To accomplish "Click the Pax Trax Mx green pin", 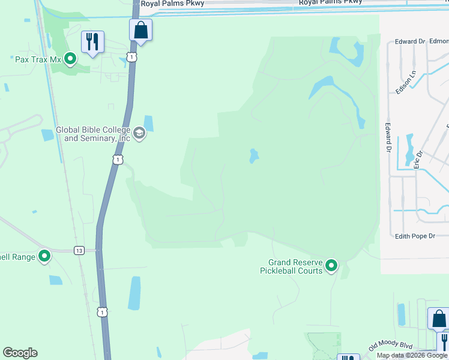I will [x=70, y=59].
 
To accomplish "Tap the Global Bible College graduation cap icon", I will [x=139, y=133].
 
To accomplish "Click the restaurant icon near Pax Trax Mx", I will [x=92, y=42].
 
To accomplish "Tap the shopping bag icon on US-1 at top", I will [x=140, y=30].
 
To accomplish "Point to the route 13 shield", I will [x=79, y=250].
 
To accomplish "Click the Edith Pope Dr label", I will [x=415, y=236].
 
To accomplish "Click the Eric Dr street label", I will [x=419, y=158].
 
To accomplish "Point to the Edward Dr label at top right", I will [x=409, y=41].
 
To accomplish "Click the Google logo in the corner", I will [x=20, y=353].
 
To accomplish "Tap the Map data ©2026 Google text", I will [x=412, y=355].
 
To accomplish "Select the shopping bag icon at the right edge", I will [x=438, y=318].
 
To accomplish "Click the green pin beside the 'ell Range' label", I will [x=44, y=257].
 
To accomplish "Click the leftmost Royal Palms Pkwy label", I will [x=172, y=3].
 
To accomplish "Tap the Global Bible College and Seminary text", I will [x=93, y=134].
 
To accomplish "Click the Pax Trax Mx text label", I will [x=38, y=59].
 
